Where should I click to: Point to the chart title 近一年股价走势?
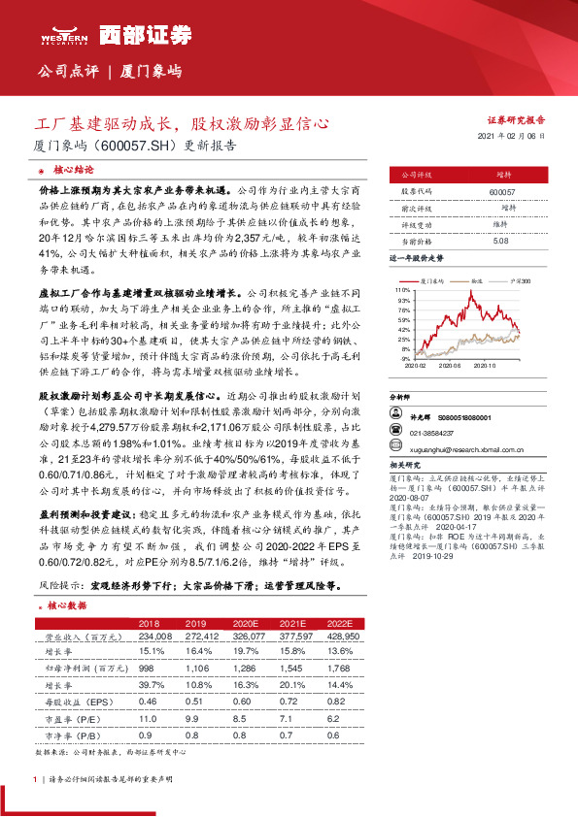[x=417, y=260]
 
